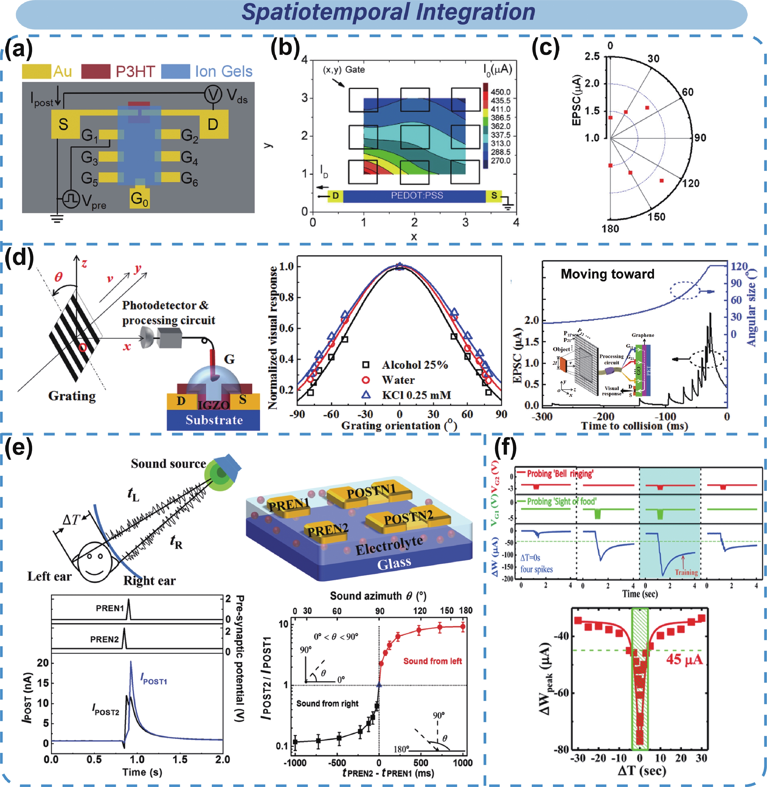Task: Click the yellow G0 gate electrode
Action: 139,198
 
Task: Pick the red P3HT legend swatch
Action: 96,71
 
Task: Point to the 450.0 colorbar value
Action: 500,92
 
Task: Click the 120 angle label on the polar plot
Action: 691,184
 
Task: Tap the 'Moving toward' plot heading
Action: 608,274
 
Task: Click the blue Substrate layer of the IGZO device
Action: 214,420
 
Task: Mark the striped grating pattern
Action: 75,337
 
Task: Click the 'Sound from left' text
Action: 433,661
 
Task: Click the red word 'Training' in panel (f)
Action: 686,572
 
